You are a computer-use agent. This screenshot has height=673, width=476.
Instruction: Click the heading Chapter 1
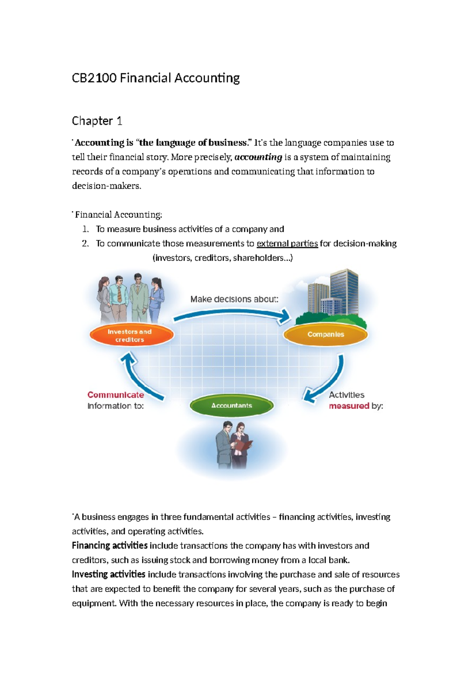click(97, 121)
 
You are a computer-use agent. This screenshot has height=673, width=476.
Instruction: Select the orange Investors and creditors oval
click(131, 335)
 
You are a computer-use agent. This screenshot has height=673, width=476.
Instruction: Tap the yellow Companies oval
click(326, 335)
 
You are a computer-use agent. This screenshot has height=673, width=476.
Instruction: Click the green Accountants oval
click(232, 406)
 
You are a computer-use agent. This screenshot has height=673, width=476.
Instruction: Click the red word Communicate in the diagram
click(115, 395)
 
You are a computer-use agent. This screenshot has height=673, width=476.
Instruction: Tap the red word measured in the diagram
click(349, 406)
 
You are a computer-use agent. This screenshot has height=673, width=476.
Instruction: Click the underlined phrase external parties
click(287, 243)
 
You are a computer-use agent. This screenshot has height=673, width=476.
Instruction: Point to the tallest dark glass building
click(344, 292)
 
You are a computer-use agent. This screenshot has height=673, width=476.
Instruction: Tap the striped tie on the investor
click(119, 294)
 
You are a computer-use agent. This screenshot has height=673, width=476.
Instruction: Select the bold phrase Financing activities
click(109, 546)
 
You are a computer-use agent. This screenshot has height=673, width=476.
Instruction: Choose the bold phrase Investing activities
click(108, 574)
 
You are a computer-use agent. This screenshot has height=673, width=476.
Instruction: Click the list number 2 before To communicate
click(85, 243)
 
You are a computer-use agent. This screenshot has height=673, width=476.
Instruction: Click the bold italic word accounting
click(258, 157)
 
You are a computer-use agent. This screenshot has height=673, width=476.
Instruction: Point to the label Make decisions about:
click(234, 299)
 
